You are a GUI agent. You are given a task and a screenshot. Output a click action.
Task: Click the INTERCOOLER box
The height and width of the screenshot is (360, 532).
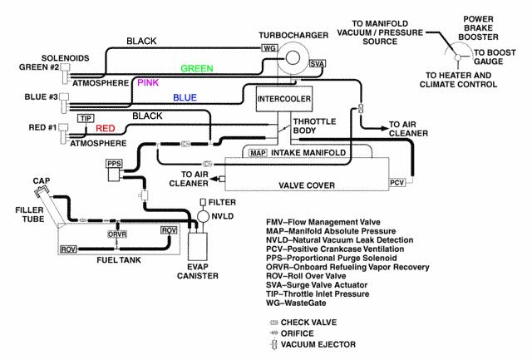(283, 98)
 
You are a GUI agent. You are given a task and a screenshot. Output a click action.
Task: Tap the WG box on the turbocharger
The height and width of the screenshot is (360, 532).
(268, 48)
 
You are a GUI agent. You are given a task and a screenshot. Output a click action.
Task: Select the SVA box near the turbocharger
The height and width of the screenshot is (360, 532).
(317, 63)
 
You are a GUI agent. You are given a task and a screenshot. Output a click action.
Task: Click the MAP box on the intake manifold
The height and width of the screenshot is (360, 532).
(257, 153)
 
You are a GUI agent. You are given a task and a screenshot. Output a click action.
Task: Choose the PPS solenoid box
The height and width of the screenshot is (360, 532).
(115, 164)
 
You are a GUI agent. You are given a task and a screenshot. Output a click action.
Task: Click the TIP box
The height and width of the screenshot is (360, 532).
(84, 118)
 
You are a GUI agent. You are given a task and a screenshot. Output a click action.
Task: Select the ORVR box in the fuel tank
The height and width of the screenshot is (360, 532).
(116, 234)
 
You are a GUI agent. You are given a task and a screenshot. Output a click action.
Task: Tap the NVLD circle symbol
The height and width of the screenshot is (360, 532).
(203, 216)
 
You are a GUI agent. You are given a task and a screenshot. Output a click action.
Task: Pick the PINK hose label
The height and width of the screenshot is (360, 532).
(148, 83)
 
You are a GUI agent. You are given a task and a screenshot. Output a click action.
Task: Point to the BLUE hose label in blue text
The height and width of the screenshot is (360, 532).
(185, 97)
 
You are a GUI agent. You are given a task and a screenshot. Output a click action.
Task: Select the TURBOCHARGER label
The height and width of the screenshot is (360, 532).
(288, 36)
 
